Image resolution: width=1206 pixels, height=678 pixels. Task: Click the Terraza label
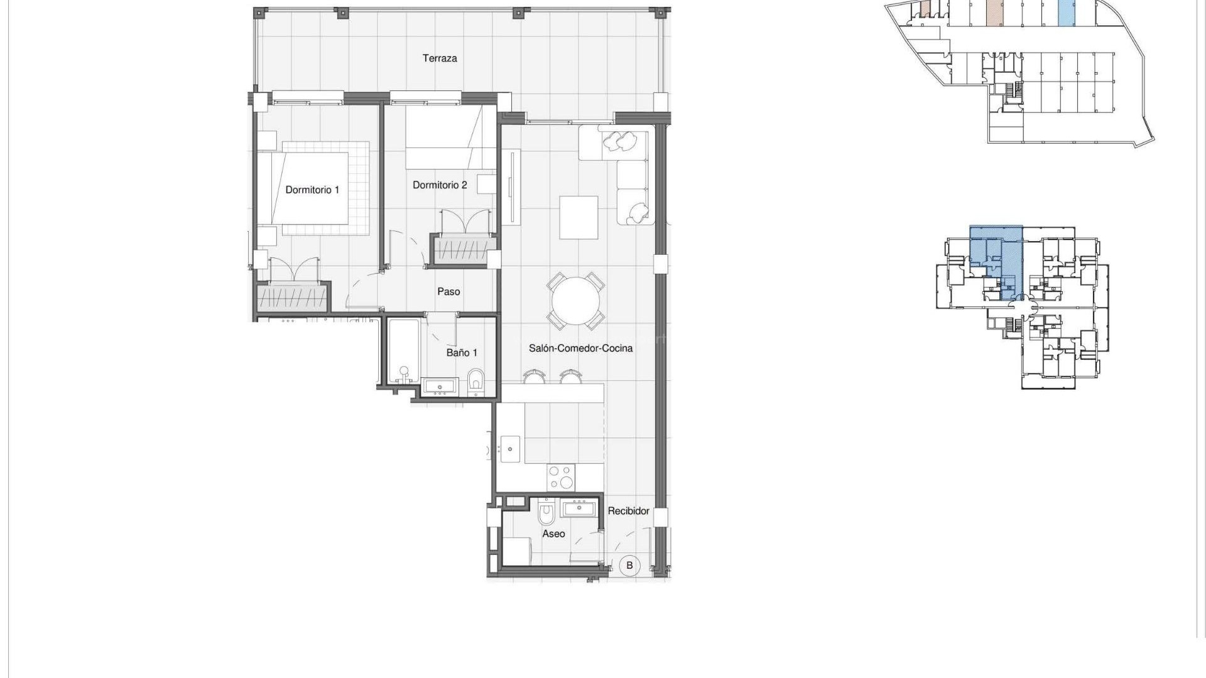[x=440, y=58]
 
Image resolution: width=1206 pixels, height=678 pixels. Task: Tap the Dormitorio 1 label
[x=312, y=190]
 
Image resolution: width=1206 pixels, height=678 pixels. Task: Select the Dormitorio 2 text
[x=440, y=185]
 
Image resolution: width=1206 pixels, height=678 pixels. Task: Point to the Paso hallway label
[x=448, y=292]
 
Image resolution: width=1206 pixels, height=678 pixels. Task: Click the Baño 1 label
[x=462, y=353]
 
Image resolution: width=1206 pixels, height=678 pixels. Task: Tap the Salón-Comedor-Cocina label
[x=580, y=348]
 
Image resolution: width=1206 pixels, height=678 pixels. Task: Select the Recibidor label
[x=628, y=511]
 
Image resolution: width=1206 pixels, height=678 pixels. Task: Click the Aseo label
[x=553, y=534]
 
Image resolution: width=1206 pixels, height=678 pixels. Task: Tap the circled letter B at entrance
[x=629, y=565]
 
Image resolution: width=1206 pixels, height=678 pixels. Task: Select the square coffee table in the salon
[x=579, y=217]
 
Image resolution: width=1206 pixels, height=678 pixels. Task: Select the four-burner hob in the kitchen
[x=560, y=476]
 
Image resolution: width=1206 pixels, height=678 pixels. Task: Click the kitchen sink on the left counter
[x=509, y=449]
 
